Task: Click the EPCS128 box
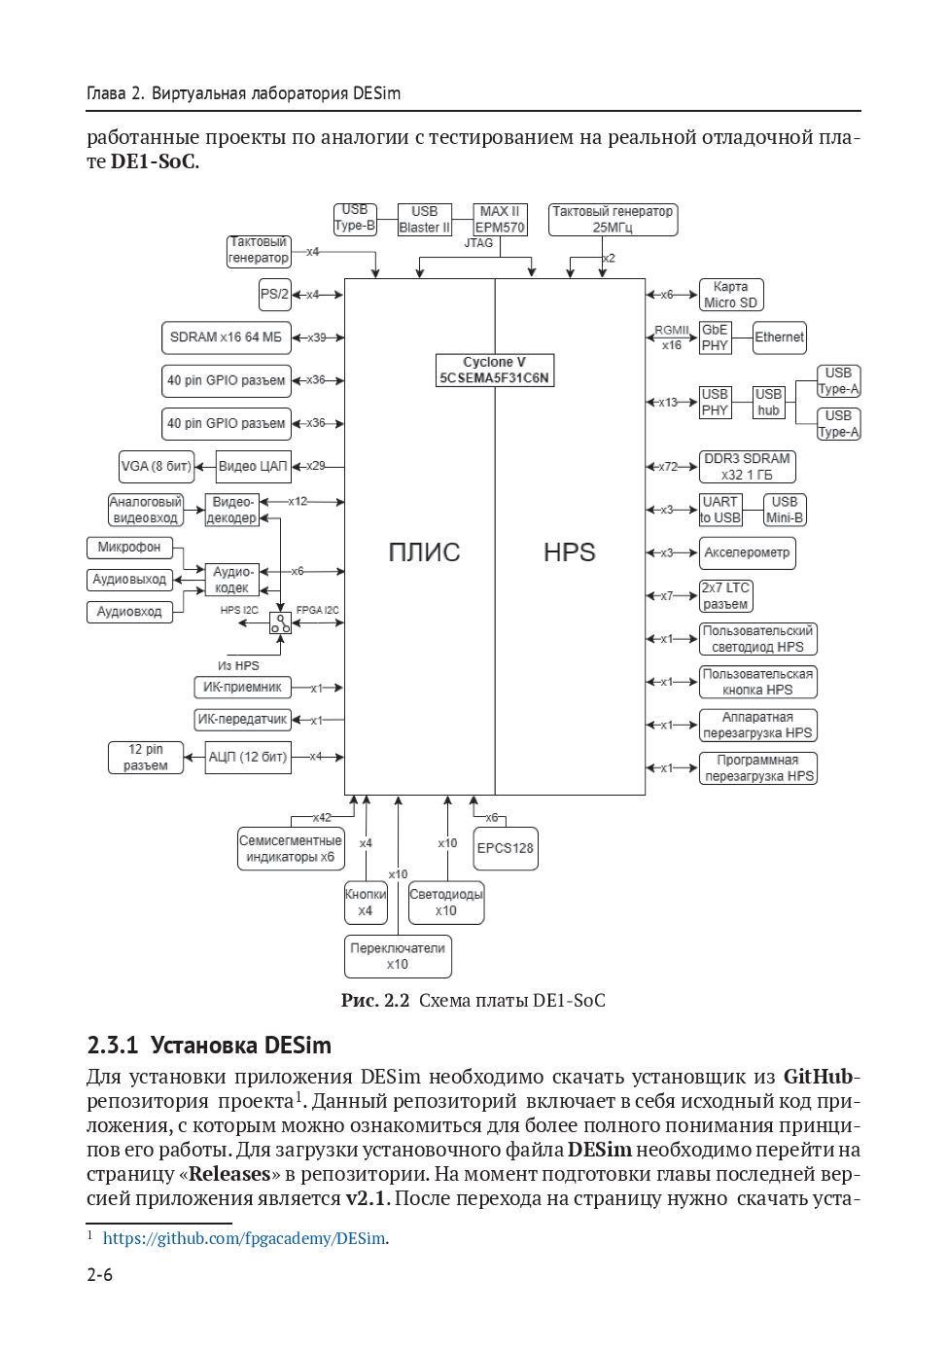point(505,848)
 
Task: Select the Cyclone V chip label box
point(494,370)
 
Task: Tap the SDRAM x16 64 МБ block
point(226,337)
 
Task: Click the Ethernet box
point(780,337)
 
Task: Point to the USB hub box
point(768,402)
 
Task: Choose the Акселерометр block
point(747,552)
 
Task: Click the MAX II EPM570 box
point(500,219)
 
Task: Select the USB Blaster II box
point(425,219)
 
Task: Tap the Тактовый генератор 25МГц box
point(613,219)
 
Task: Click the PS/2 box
point(275,294)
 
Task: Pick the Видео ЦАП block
point(253,466)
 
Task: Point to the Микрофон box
point(129,548)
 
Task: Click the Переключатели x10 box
point(398,956)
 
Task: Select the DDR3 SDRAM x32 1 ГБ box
point(747,466)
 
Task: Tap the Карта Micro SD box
point(731,295)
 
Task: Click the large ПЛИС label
point(424,552)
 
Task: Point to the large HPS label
point(569,552)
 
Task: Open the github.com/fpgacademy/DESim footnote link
point(244,1238)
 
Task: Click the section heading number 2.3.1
point(112,1046)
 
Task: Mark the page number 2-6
point(100,1275)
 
